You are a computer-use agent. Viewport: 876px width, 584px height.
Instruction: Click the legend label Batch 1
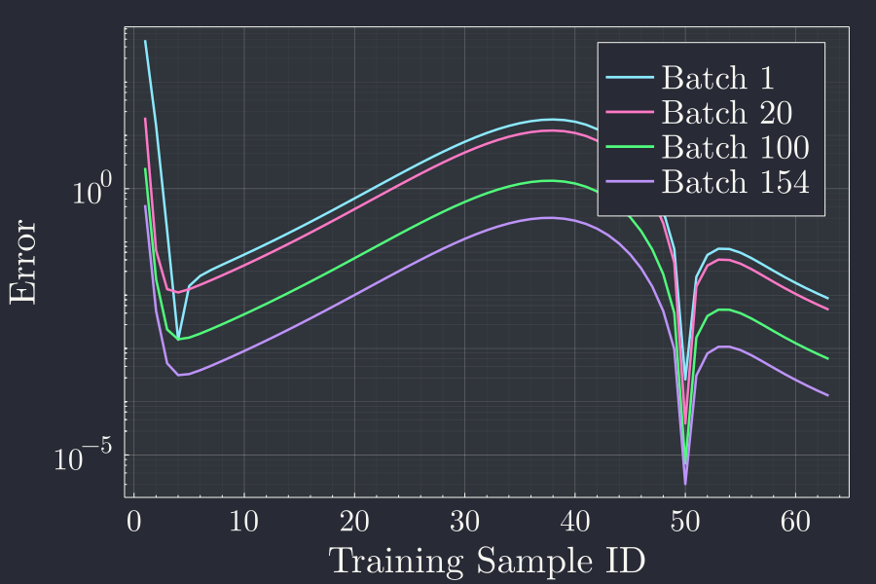click(718, 78)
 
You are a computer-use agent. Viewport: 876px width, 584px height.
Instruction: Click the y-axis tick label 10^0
click(93, 190)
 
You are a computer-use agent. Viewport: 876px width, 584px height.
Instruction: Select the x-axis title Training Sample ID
click(487, 562)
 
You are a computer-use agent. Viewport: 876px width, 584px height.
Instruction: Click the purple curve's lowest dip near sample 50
click(685, 484)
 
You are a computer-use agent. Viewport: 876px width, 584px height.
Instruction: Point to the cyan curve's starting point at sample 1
click(145, 41)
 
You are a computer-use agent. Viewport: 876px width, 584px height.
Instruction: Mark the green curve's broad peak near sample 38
click(548, 180)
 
